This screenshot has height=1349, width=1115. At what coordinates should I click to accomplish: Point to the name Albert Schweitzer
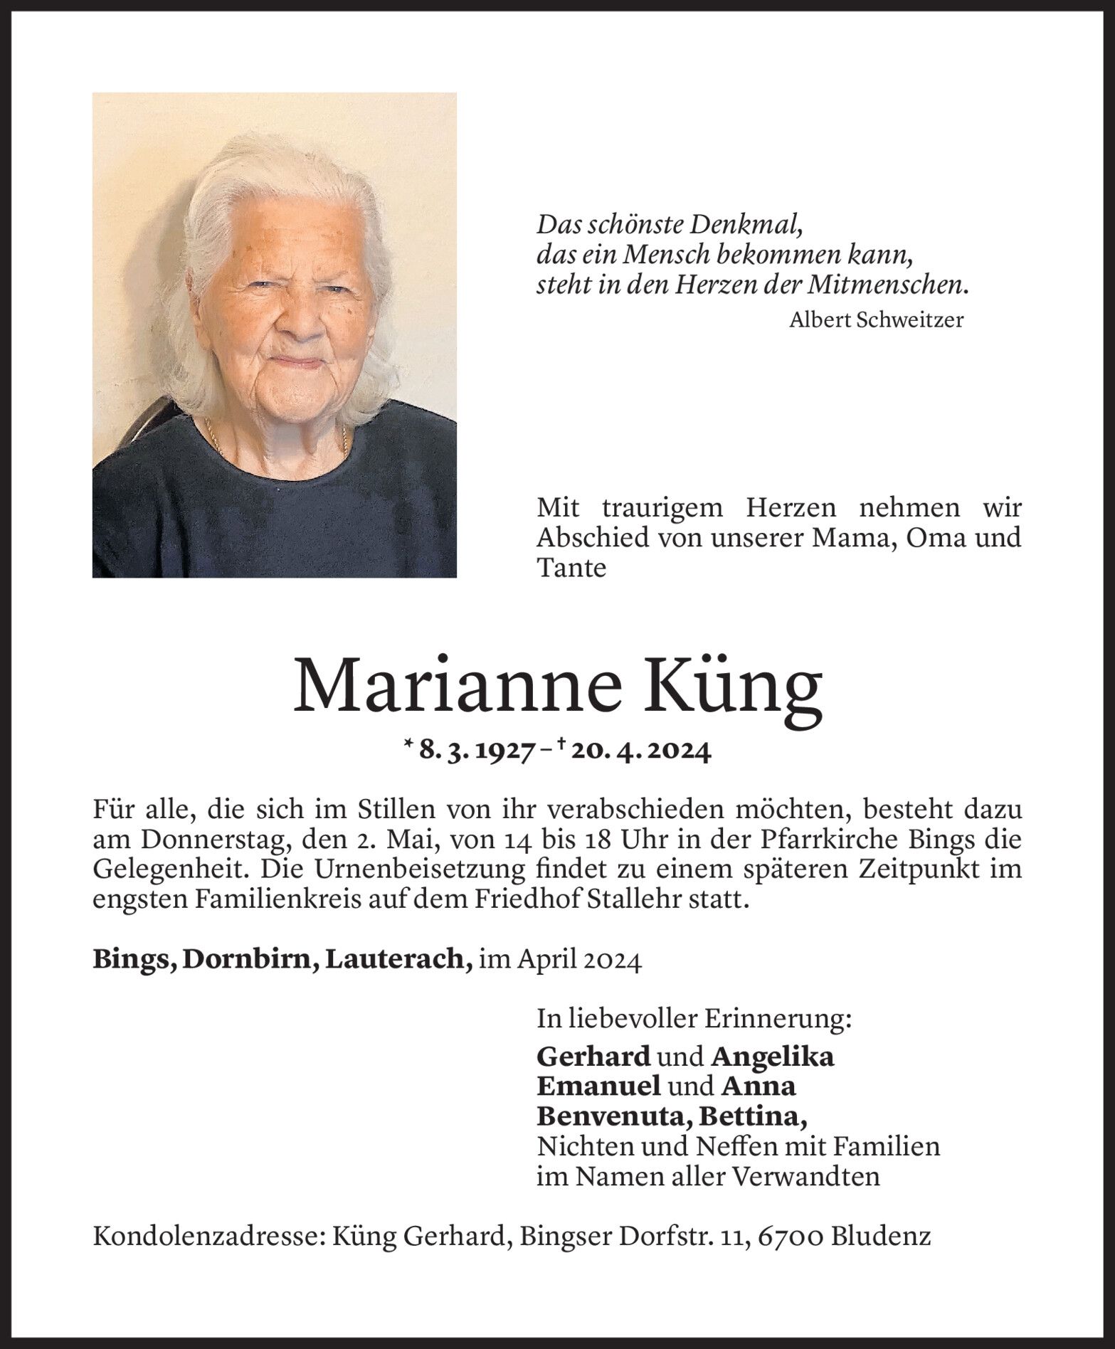(x=876, y=320)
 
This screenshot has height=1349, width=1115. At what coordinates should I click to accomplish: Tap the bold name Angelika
(x=772, y=1057)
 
